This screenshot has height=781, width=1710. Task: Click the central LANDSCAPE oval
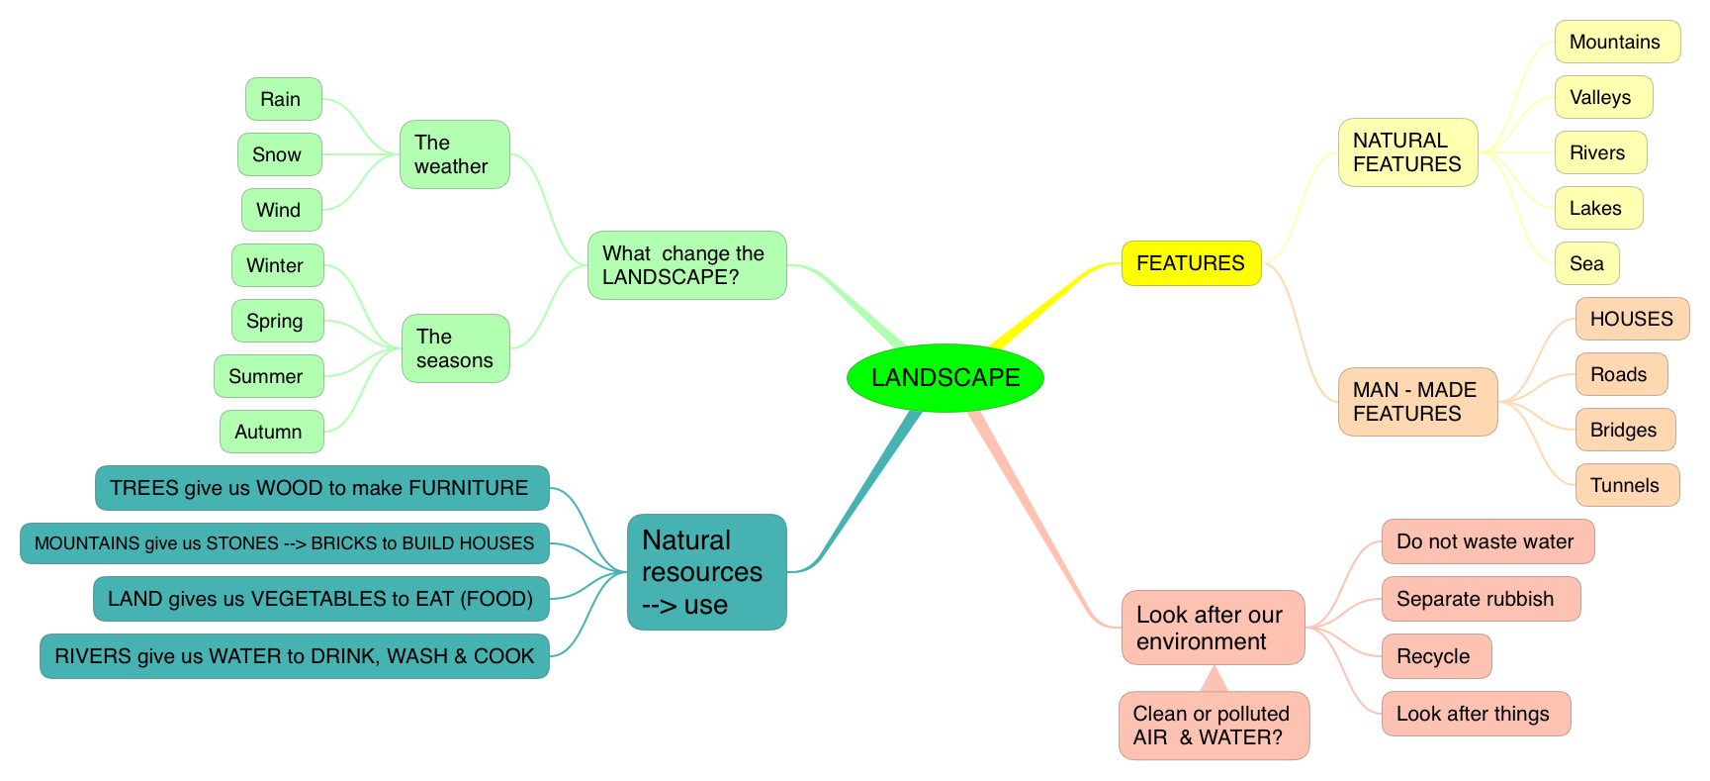(x=945, y=377)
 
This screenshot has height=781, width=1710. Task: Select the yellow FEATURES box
(x=1191, y=263)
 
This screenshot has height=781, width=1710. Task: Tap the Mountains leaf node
(x=1616, y=42)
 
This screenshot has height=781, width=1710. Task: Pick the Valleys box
(x=1602, y=97)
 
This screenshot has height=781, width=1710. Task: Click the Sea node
(x=1586, y=263)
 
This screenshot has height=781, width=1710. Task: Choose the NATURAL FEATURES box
(x=1407, y=152)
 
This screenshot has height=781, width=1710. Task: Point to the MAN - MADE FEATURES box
(x=1417, y=402)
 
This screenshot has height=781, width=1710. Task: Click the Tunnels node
(x=1626, y=485)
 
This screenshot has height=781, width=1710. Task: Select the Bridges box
(x=1624, y=430)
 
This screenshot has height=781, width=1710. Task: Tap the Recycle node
(x=1435, y=656)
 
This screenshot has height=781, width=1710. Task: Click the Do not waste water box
(x=1486, y=541)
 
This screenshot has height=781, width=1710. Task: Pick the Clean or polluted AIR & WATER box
(x=1213, y=726)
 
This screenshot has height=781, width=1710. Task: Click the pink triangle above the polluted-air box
(x=1214, y=680)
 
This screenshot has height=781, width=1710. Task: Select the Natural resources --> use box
(x=706, y=572)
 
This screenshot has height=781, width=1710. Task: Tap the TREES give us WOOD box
(x=321, y=488)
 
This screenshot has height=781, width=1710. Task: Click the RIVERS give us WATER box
(x=294, y=656)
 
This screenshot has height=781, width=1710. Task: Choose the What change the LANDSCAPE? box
(x=686, y=265)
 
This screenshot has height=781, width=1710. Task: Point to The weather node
(x=454, y=154)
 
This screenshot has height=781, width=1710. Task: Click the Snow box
(x=279, y=154)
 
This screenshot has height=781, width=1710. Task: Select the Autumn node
(x=271, y=432)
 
